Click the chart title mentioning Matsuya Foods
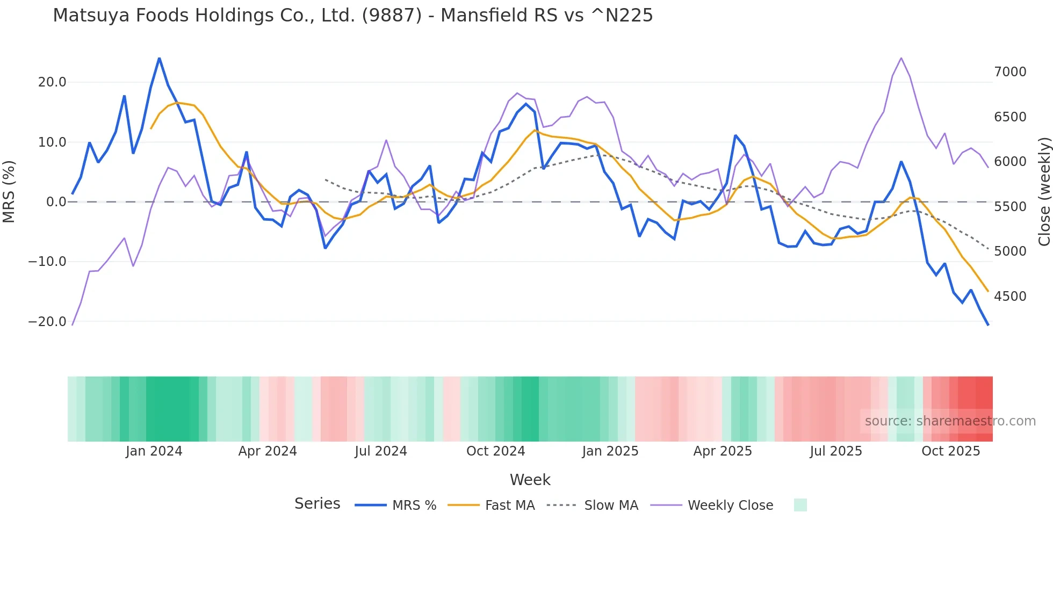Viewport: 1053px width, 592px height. pyautogui.click(x=352, y=16)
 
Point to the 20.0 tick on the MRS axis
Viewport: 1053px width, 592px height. pyautogui.click(x=52, y=82)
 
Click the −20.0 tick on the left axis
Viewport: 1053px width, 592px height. pyautogui.click(x=47, y=322)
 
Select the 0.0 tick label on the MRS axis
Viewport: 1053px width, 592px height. pyautogui.click(x=56, y=202)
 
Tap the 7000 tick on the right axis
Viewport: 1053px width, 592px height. pyautogui.click(x=1010, y=72)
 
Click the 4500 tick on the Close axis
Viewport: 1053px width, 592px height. pyautogui.click(x=1010, y=297)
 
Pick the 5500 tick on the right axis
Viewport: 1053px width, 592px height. pyautogui.click(x=1010, y=207)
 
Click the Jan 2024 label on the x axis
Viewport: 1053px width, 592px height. pyautogui.click(x=154, y=451)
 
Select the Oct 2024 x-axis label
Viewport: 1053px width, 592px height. pyautogui.click(x=495, y=451)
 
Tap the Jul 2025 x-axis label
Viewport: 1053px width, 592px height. pyautogui.click(x=836, y=451)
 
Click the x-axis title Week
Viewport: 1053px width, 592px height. pyautogui.click(x=530, y=480)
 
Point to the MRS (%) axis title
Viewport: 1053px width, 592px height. pyautogui.click(x=9, y=191)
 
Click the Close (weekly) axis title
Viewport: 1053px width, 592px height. pyautogui.click(x=1044, y=191)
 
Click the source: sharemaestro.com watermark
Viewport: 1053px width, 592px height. pyautogui.click(x=950, y=421)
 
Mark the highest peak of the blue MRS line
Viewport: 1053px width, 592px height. pyautogui.click(x=159, y=57)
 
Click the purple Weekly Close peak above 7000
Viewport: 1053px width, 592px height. pyautogui.click(x=901, y=57)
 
